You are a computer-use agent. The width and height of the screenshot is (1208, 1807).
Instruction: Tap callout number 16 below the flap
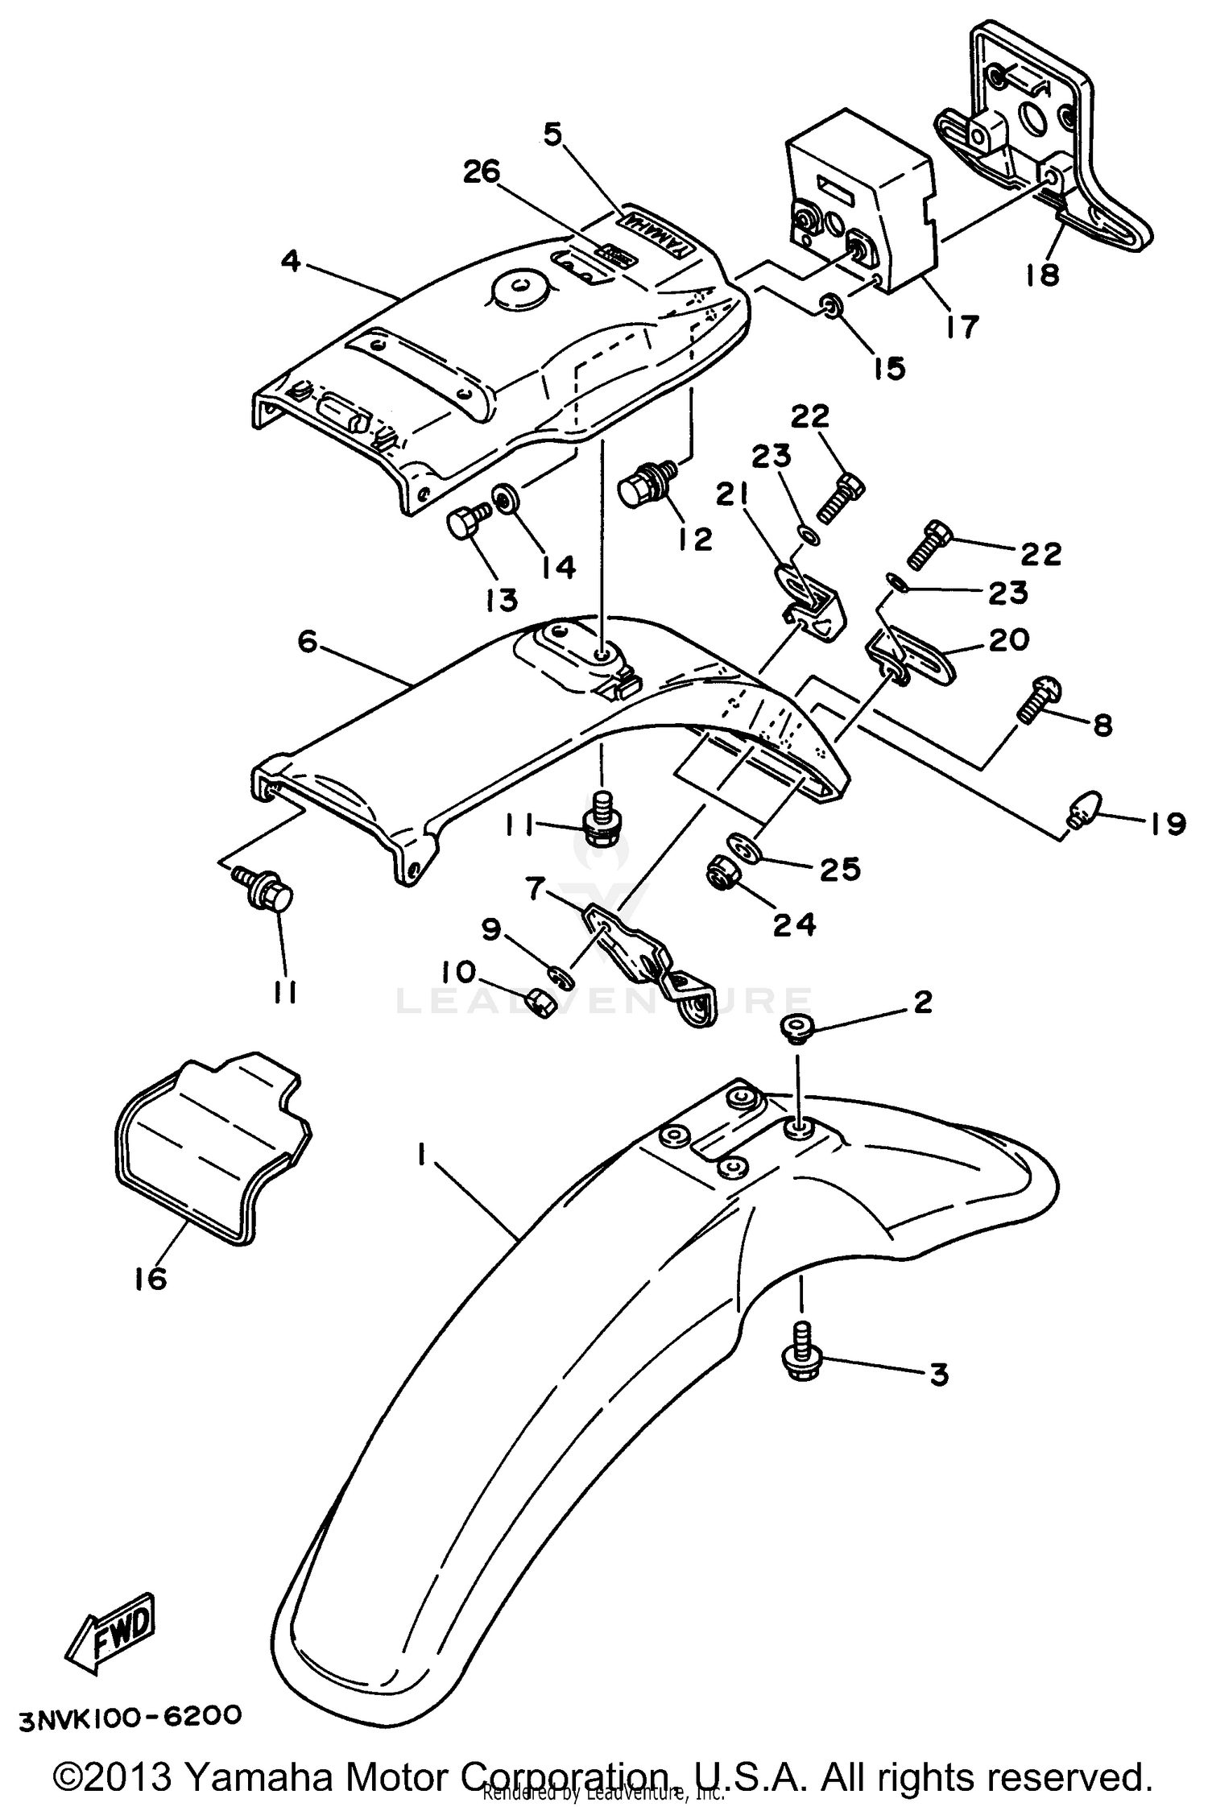[x=151, y=1278]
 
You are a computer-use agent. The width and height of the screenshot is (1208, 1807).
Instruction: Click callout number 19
[x=1165, y=823]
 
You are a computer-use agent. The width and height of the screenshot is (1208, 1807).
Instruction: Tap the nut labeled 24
[x=718, y=872]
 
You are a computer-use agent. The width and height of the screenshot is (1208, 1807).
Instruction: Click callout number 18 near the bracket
[x=1042, y=275]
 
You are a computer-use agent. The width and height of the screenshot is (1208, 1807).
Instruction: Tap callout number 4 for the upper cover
[x=291, y=262]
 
